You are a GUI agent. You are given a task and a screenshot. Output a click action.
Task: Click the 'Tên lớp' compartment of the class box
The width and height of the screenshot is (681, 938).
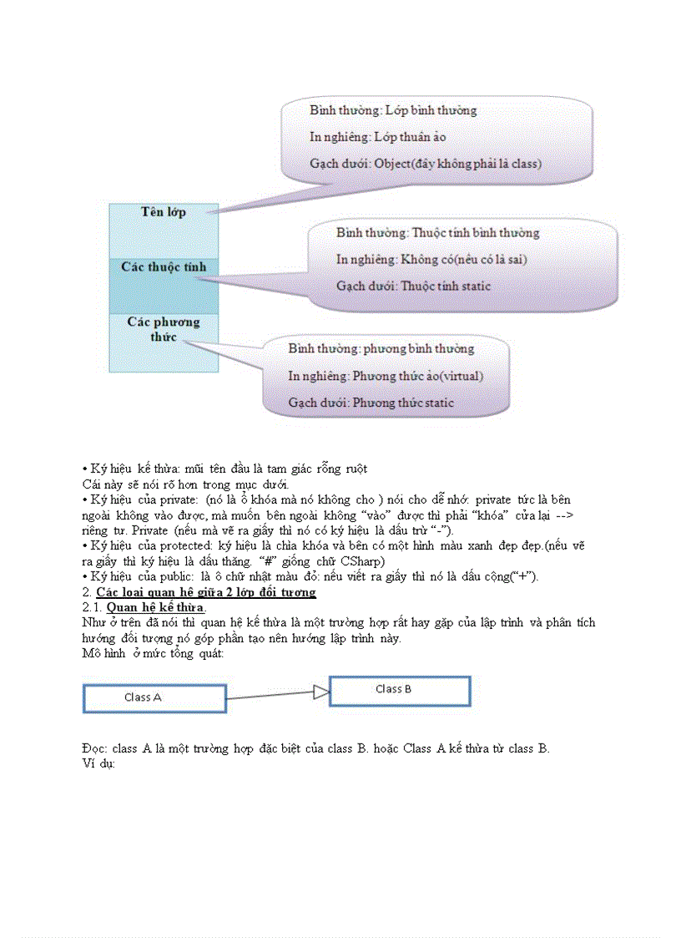164,212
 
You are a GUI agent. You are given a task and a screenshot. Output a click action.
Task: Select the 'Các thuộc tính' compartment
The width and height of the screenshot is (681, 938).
164,267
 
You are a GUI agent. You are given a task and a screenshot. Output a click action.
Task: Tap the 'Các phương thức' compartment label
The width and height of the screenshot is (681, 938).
164,329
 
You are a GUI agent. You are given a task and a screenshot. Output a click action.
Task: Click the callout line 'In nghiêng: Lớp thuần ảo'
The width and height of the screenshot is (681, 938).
378,137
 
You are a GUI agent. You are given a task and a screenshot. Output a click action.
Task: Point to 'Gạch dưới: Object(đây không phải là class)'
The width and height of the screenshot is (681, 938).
425,164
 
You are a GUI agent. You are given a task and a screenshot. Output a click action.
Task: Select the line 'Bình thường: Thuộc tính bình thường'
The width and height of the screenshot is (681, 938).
437,233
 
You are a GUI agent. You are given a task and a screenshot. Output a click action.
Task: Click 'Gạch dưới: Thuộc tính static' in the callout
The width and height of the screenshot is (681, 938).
413,286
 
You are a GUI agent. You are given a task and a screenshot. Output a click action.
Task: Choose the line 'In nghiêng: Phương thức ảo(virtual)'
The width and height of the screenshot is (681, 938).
386,376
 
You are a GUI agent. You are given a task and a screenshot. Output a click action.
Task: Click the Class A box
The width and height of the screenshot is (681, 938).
154,698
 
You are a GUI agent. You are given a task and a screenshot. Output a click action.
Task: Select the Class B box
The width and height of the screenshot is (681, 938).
400,691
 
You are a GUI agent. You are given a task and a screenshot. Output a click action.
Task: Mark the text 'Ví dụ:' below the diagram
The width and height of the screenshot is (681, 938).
98,763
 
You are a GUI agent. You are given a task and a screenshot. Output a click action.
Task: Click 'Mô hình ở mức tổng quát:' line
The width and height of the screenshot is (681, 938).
153,654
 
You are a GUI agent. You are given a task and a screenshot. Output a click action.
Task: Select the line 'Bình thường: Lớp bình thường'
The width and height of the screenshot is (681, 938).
393,110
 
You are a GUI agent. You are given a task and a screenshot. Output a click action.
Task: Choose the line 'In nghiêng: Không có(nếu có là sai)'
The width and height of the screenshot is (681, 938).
431,260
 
